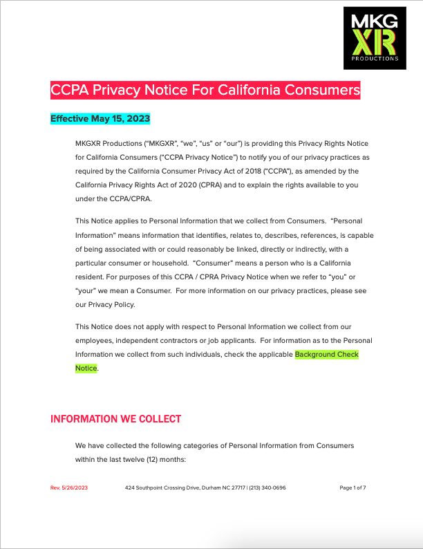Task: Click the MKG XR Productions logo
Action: [x=375, y=37]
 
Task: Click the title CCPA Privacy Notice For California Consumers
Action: [x=205, y=91]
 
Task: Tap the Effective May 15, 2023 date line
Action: [x=100, y=119]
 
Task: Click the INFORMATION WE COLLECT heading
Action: [x=116, y=419]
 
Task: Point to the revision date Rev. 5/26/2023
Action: [x=70, y=487]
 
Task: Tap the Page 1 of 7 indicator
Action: [x=352, y=487]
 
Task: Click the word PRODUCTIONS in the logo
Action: [x=375, y=59]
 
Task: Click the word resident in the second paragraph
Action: [x=91, y=277]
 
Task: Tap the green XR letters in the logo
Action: [x=375, y=43]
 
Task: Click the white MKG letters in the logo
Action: [x=375, y=21]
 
